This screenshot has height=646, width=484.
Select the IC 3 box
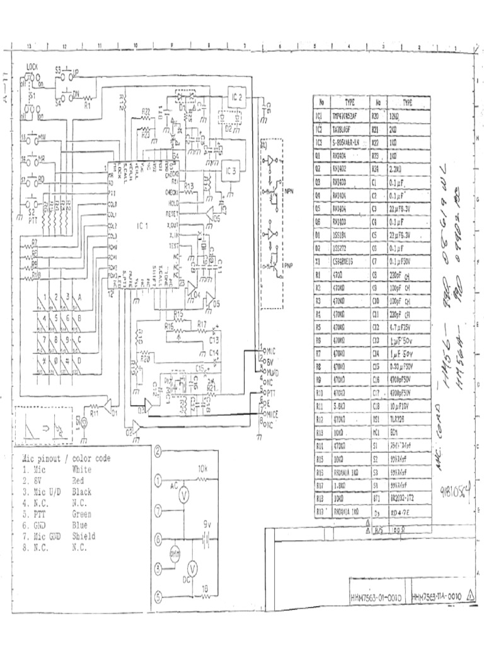(x=231, y=170)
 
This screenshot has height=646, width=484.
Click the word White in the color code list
(x=82, y=469)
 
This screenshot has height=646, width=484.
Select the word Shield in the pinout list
(x=84, y=537)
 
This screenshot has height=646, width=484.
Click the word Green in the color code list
(x=82, y=514)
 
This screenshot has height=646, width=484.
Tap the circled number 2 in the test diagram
(x=158, y=450)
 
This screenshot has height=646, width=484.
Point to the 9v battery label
(x=206, y=524)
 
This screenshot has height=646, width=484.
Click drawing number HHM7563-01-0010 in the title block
(x=376, y=596)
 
